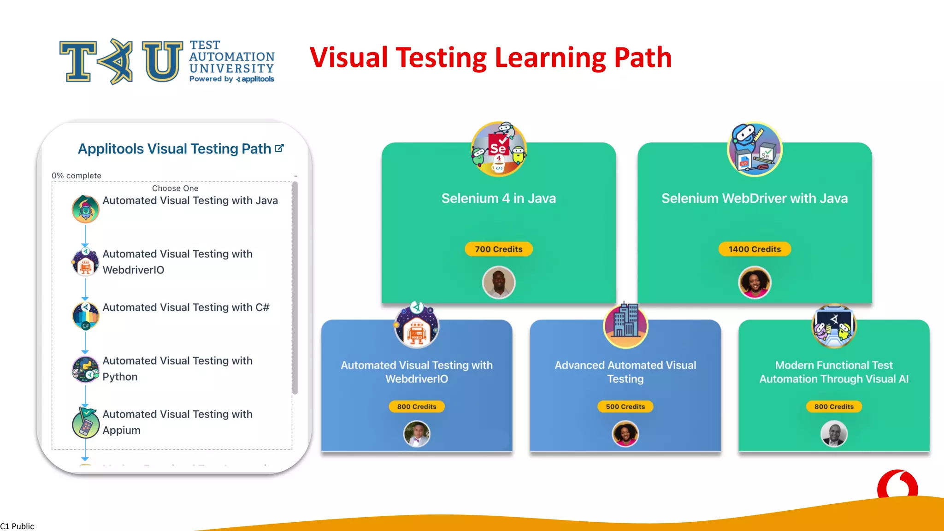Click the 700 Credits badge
[x=498, y=249]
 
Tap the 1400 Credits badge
[x=755, y=249]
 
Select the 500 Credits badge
[x=625, y=407]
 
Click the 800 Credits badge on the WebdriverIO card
[x=417, y=407]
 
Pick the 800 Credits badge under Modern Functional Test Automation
[x=834, y=407]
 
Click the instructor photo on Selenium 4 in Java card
[x=498, y=282]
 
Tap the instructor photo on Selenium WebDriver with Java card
[x=755, y=282]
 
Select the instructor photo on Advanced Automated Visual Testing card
[x=625, y=434]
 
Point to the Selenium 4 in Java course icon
[x=498, y=149]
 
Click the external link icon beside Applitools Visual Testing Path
[x=279, y=148]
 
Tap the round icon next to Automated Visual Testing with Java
[x=85, y=209]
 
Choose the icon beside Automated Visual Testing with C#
[x=85, y=316]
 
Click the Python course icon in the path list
[x=85, y=369]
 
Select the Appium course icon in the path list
[x=85, y=423]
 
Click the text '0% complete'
[x=77, y=176]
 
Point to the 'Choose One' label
[x=175, y=188]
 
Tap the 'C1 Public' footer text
[x=17, y=526]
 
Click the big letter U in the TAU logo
[x=162, y=61]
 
